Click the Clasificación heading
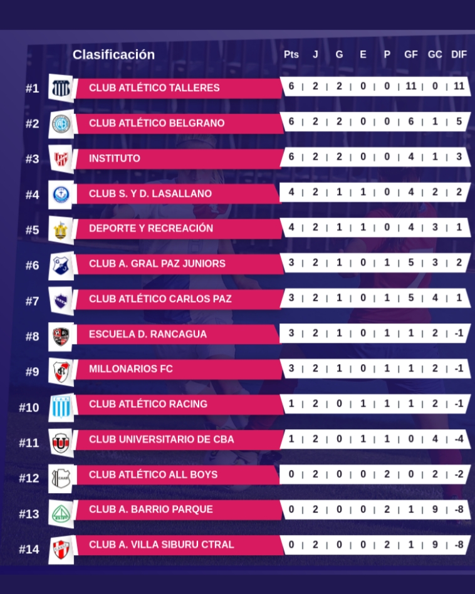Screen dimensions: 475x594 [x=113, y=55]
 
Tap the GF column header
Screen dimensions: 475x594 [x=411, y=55]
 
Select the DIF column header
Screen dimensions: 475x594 [x=459, y=55]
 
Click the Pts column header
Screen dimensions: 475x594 [x=291, y=55]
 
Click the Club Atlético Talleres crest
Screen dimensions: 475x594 [x=61, y=88]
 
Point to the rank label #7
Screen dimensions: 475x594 [x=32, y=301]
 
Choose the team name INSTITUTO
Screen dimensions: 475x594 [x=115, y=159]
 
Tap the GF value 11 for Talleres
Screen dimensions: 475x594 [x=411, y=86]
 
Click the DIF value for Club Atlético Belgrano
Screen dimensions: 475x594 [x=459, y=121]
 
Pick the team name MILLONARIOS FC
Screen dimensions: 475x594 [x=131, y=369]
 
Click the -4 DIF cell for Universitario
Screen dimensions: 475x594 [x=459, y=439]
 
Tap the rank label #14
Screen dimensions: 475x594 [x=29, y=550]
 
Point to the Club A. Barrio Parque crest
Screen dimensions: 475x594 [x=61, y=514]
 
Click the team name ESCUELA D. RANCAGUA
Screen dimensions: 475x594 [x=148, y=334]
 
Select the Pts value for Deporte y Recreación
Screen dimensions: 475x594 [x=291, y=227]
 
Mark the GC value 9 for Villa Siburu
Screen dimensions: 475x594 [x=436, y=544]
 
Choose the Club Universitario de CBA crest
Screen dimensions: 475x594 [x=61, y=442]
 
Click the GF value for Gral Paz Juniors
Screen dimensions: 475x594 [x=411, y=263]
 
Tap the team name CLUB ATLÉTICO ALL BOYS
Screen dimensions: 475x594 [x=154, y=475]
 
